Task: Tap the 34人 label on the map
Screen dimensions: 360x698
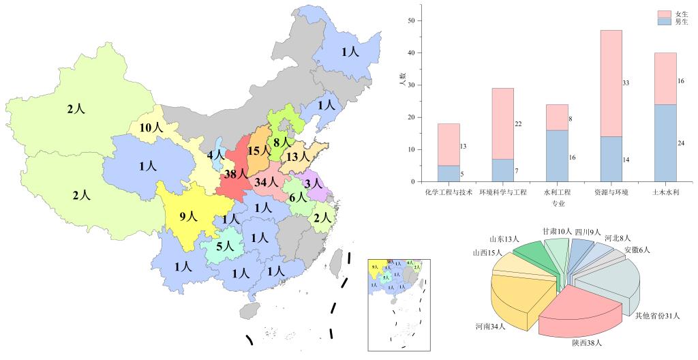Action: [x=265, y=182]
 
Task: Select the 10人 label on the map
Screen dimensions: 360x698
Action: [x=151, y=127]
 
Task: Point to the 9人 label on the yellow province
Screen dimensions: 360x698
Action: [x=187, y=217]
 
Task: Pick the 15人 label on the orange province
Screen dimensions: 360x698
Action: [x=259, y=151]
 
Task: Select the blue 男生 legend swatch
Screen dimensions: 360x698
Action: [x=665, y=22]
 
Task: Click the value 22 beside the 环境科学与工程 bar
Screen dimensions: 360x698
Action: [x=519, y=124]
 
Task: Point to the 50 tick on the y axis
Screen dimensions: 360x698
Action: [x=411, y=20]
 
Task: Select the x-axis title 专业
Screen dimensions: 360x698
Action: [x=558, y=203]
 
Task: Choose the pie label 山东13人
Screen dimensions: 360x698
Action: [x=504, y=239]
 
